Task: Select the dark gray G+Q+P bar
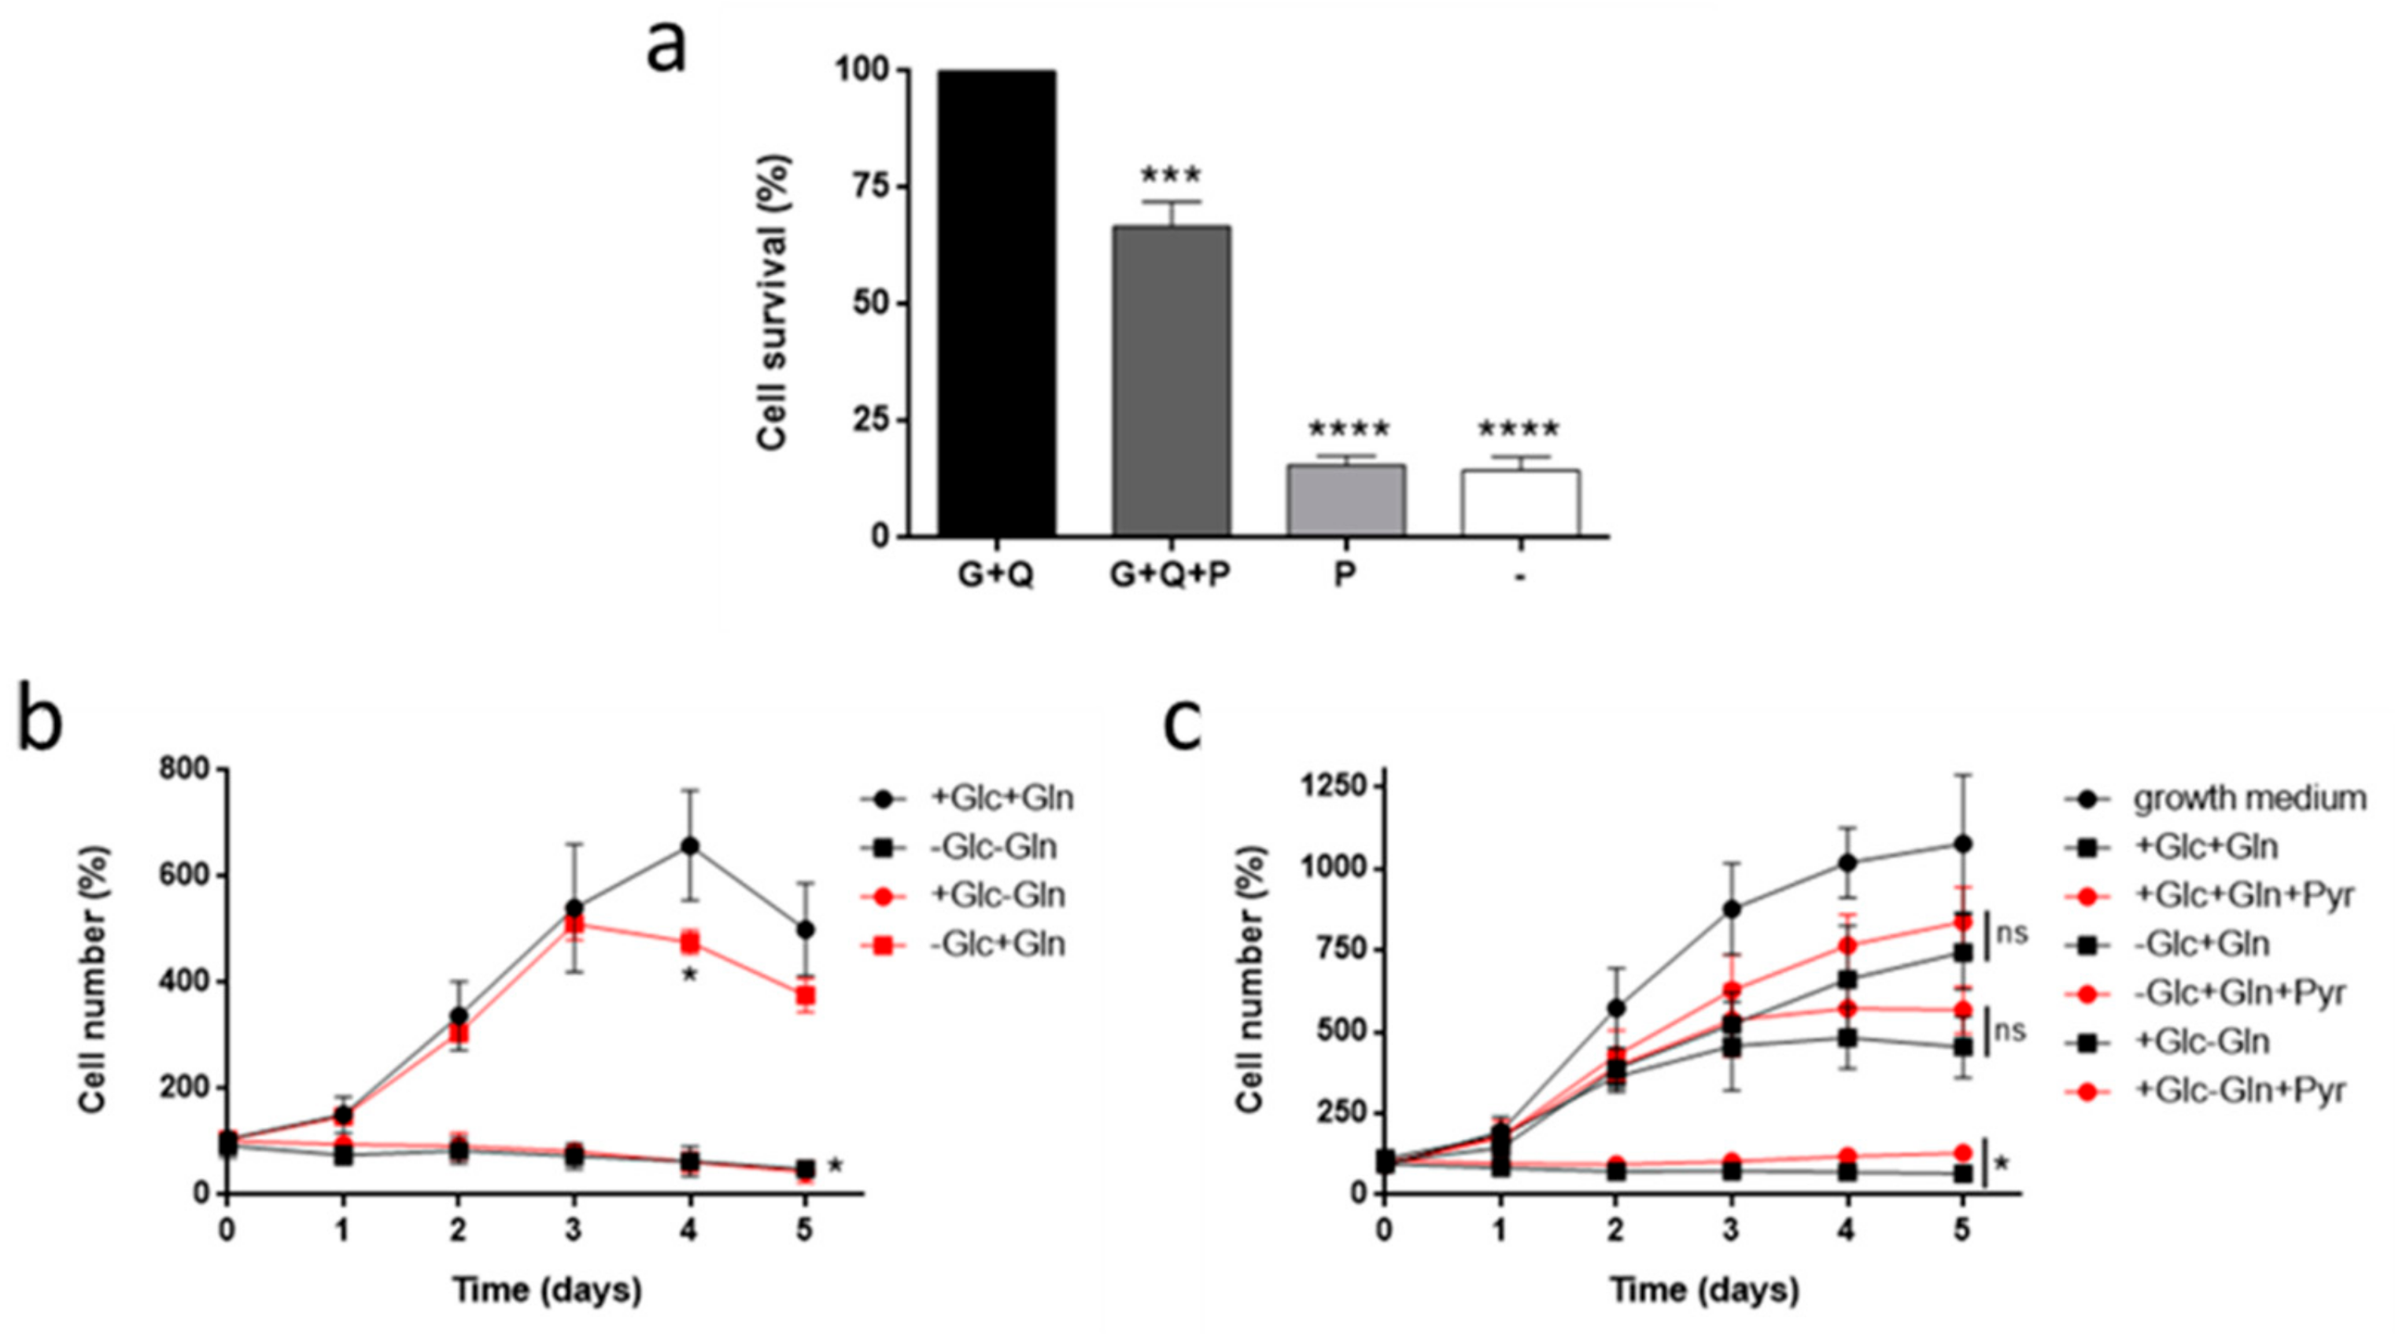point(1171,381)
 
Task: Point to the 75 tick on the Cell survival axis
point(864,187)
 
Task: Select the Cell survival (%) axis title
point(773,303)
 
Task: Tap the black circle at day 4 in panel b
point(690,846)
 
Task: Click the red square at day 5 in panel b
point(805,996)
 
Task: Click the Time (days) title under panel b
point(548,1290)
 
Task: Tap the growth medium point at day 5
point(1961,844)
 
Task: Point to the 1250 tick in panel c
point(1340,787)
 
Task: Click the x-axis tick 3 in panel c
point(1731,1232)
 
